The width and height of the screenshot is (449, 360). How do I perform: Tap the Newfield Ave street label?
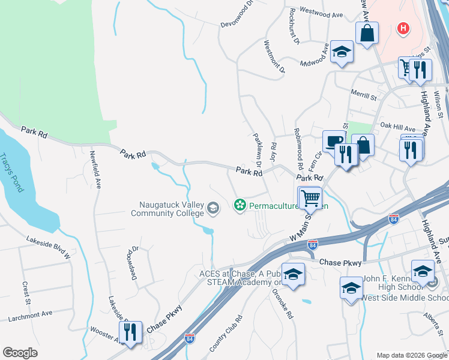point(94,169)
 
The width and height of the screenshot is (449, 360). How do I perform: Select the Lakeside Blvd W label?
point(49,248)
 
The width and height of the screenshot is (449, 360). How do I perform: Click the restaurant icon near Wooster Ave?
point(130,332)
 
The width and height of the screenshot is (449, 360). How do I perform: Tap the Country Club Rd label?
point(226,334)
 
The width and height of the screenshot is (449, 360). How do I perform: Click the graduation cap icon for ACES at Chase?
point(293,274)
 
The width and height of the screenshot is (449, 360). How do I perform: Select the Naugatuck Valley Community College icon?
point(212,208)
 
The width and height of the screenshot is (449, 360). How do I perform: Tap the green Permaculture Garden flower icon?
point(240,206)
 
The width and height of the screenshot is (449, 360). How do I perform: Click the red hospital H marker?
point(404,28)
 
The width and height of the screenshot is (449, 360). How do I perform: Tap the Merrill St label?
point(364,95)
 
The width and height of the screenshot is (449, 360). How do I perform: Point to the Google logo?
point(20,352)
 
